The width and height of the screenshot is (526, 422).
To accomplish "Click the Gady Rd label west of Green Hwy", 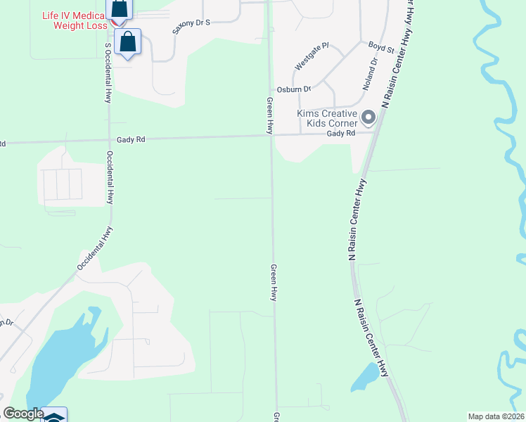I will click(x=131, y=139).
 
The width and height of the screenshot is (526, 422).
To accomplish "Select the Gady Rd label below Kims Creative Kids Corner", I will click(x=340, y=133).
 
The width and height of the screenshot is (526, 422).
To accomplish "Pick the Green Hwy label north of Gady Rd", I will click(x=269, y=116).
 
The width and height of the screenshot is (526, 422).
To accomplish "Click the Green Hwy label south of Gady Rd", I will click(x=274, y=283).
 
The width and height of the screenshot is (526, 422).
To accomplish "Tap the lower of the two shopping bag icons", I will click(x=127, y=41).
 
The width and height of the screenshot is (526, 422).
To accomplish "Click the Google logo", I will click(x=23, y=414).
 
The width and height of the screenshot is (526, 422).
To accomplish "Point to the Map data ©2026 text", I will click(x=496, y=416).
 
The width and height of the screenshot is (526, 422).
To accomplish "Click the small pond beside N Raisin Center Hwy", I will click(x=364, y=378).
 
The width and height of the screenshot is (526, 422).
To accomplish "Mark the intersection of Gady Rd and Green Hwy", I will click(x=271, y=136).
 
